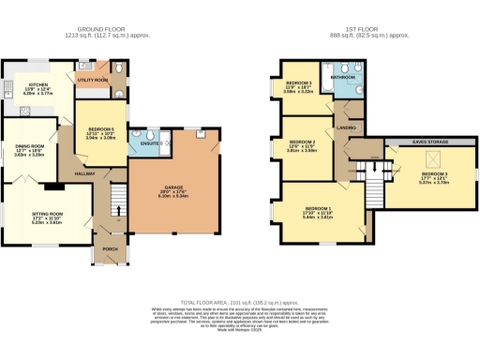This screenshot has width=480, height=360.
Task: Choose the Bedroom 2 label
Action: (x=302, y=142)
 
